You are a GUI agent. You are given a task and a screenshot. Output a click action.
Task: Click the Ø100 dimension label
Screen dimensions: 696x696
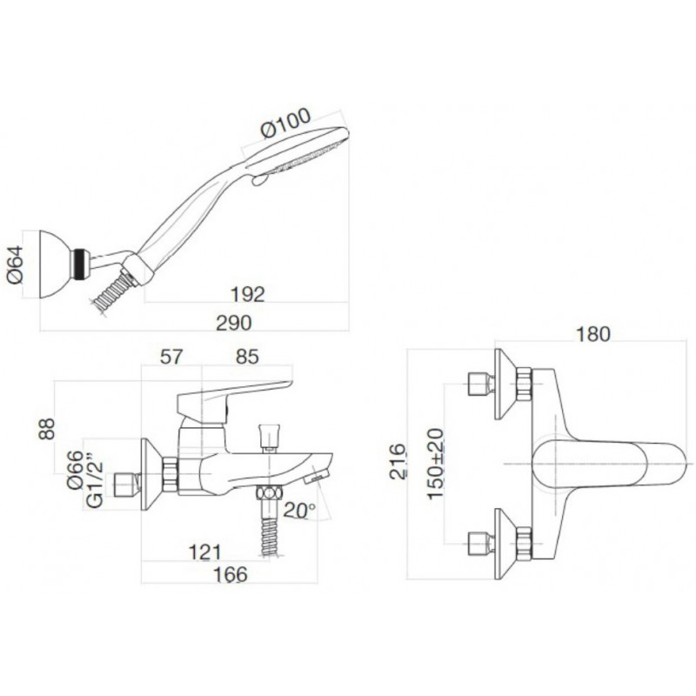click(x=286, y=123)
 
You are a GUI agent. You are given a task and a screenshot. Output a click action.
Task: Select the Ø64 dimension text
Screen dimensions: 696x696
click(x=16, y=264)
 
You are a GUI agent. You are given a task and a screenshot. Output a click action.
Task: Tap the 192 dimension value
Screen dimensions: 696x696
click(x=247, y=294)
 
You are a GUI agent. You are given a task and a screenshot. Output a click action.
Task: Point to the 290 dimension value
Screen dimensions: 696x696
click(x=234, y=323)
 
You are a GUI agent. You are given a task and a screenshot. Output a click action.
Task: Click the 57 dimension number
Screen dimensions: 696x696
click(x=171, y=357)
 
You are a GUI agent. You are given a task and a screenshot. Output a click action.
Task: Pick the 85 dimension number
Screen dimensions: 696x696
click(x=247, y=357)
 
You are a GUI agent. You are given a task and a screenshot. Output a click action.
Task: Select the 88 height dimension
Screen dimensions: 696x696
click(x=47, y=428)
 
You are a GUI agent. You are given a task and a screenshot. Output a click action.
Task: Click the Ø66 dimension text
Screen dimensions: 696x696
click(x=75, y=470)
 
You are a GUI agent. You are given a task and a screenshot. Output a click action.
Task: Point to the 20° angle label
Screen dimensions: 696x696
click(x=299, y=510)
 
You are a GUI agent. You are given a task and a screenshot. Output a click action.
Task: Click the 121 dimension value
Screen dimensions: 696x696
click(x=204, y=552)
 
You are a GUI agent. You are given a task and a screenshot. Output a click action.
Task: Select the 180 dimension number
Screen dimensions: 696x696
click(x=592, y=334)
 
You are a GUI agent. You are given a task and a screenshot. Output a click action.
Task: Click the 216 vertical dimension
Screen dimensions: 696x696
click(x=398, y=462)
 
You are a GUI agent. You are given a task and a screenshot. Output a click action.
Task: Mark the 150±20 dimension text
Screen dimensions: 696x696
click(x=436, y=464)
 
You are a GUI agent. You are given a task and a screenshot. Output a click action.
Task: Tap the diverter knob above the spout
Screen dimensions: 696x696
click(x=269, y=438)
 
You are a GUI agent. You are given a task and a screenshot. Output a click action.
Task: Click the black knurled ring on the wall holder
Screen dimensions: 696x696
click(x=79, y=265)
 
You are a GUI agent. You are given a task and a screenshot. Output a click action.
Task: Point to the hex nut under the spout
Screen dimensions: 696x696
click(x=269, y=492)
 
